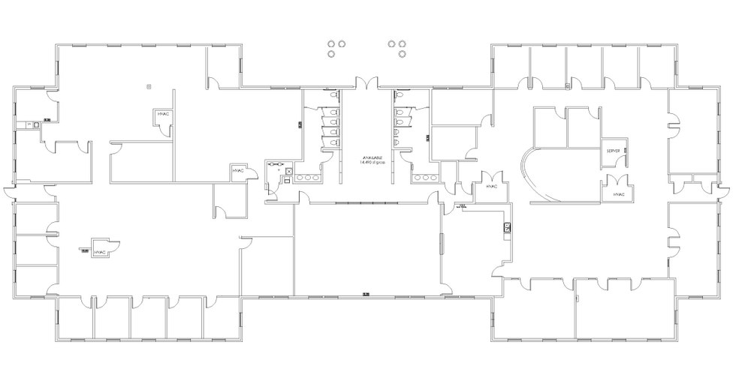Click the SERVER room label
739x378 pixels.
(x=613, y=151)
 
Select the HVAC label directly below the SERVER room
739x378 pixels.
(x=619, y=194)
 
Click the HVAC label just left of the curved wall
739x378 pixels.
(x=492, y=186)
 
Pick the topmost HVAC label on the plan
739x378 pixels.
(x=164, y=114)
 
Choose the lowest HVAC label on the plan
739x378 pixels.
(x=100, y=253)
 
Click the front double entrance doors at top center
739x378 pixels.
(x=368, y=84)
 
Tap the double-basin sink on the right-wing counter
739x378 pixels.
(x=507, y=226)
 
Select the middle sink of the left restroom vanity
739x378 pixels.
(x=308, y=178)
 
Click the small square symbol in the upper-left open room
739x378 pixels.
(x=149, y=86)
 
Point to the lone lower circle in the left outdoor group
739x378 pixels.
(x=331, y=53)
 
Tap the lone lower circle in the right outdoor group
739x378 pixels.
(x=403, y=53)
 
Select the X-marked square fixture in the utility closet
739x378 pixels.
(x=287, y=172)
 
